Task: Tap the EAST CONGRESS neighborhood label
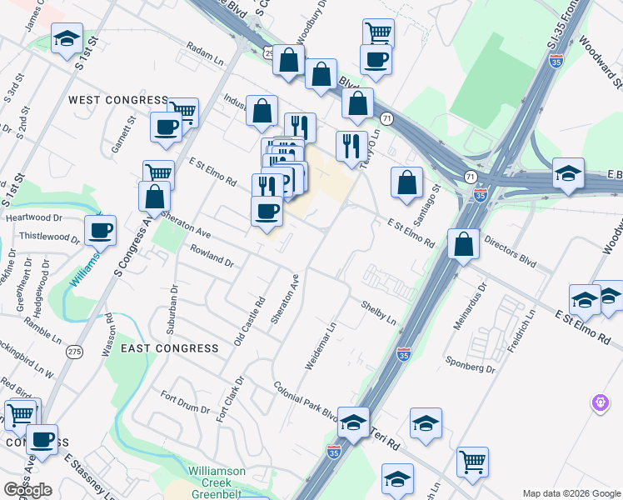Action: pos(170,347)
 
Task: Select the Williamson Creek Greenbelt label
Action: pos(217,477)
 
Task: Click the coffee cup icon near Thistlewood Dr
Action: pos(100,229)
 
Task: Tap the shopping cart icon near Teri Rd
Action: pos(472,461)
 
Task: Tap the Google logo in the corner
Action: pos(27,490)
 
